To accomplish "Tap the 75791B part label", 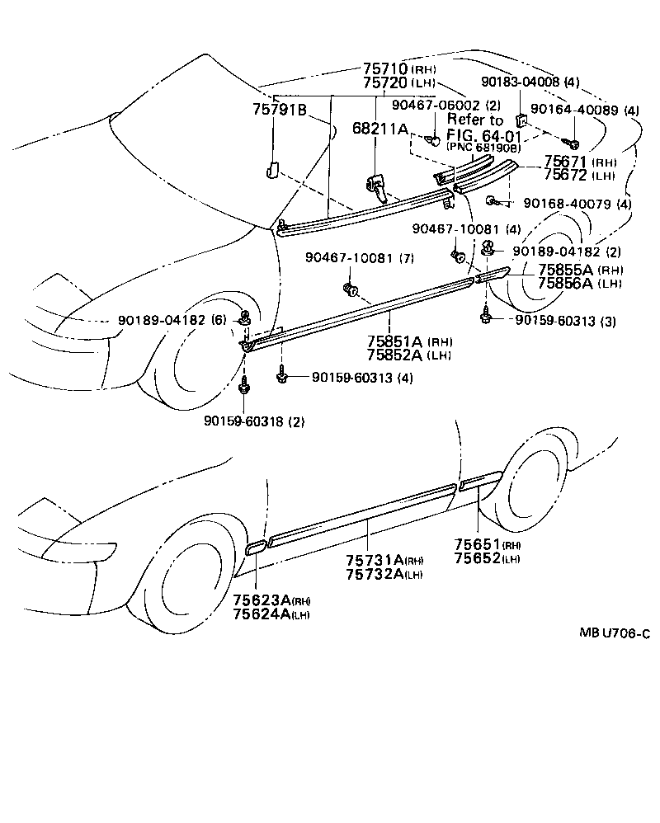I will click(x=280, y=110).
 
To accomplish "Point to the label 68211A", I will click(x=380, y=129).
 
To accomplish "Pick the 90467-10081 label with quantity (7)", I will click(x=346, y=258).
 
